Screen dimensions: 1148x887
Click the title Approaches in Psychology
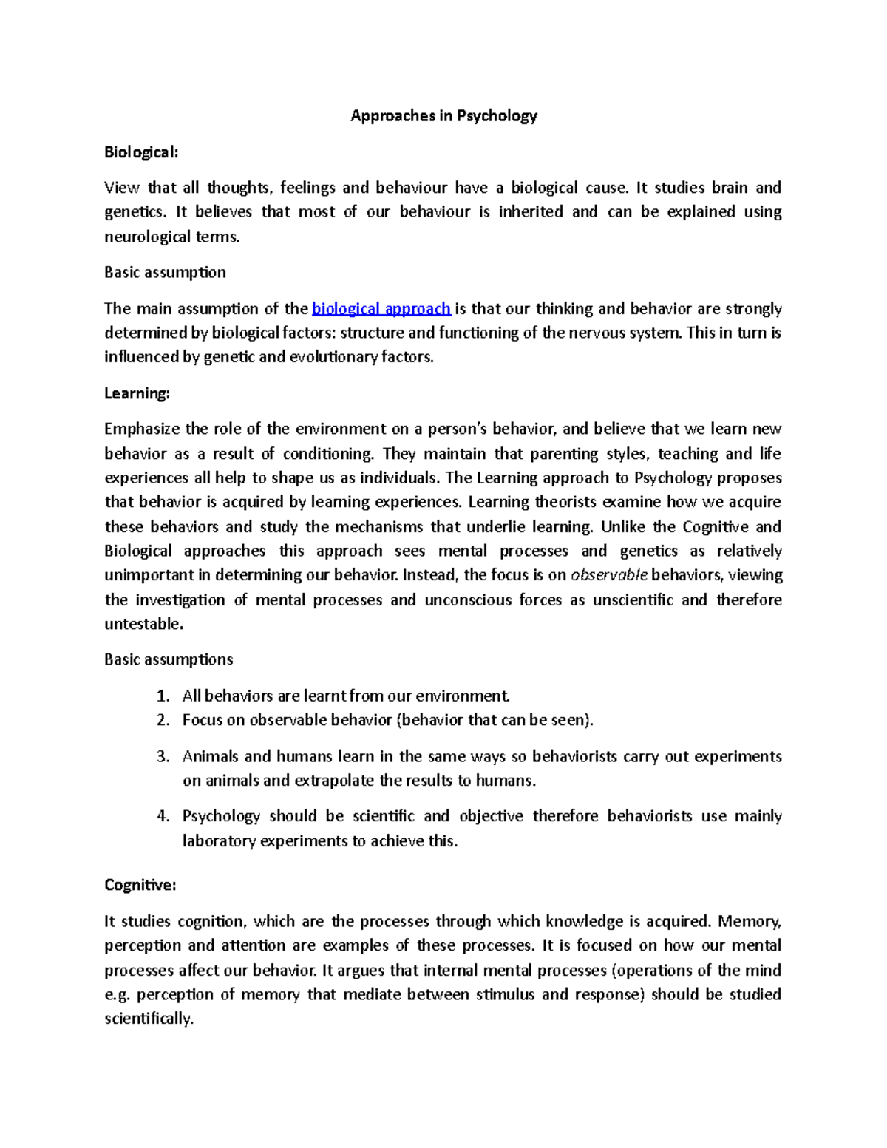coord(443,116)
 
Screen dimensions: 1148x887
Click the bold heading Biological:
coord(141,152)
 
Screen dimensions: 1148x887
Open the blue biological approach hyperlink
coord(381,309)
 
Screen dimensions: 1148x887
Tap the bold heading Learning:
coord(137,393)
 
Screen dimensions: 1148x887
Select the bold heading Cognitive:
coord(140,885)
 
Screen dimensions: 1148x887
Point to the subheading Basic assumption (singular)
coord(165,273)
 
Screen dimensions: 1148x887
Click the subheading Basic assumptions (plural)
coord(169,659)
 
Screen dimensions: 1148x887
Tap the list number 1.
coord(163,696)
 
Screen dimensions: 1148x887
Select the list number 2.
coord(163,720)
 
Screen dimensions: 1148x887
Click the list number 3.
coord(163,757)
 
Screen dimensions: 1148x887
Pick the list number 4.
coord(163,816)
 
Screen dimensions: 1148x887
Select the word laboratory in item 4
coord(219,841)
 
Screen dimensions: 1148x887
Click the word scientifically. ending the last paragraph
coord(149,1019)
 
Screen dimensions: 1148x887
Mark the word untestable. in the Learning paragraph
coord(143,624)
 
